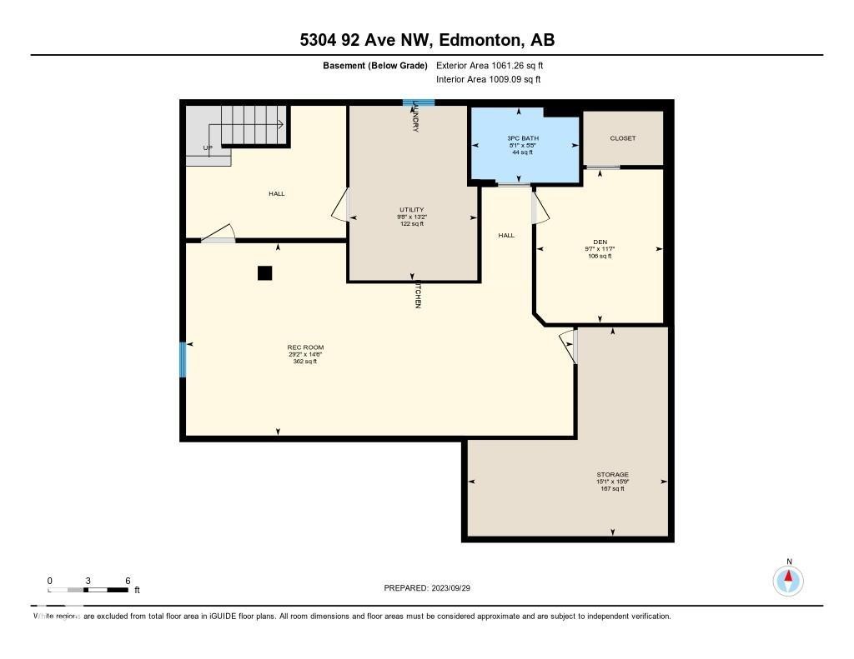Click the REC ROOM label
coord(305,347)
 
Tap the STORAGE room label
coord(612,474)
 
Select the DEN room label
coord(600,242)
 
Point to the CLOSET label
coord(622,138)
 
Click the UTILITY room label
coord(411,209)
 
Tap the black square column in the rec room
coord(264,272)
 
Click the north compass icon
coord(788,580)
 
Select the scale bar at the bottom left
coord(88,590)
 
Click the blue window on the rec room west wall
coord(183,359)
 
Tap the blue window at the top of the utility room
coord(419,103)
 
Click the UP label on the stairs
coord(208,148)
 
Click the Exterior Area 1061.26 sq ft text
coord(490,65)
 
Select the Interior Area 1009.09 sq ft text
coord(489,80)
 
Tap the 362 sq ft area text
coord(305,362)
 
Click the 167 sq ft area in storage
coord(612,488)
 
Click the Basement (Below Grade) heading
coord(374,65)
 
